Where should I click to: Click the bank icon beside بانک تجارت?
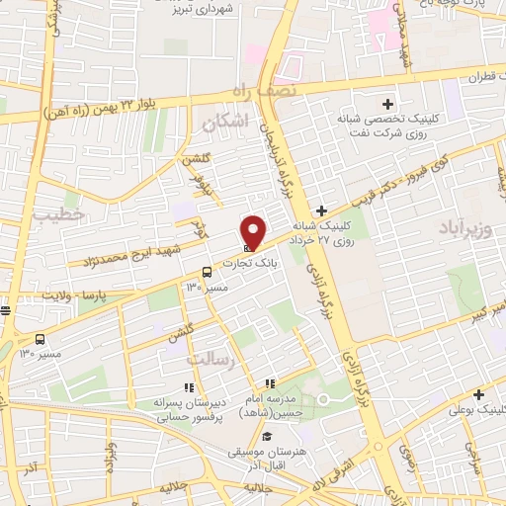tap(246, 246)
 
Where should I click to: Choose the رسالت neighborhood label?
tap(214, 360)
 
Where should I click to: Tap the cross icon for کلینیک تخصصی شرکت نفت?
tap(387, 104)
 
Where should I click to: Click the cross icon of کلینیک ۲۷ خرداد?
tap(321, 210)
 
